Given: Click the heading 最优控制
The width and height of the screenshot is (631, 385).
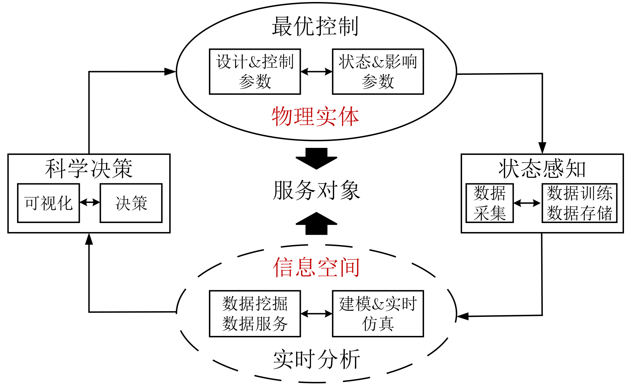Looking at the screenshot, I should pyautogui.click(x=315, y=27).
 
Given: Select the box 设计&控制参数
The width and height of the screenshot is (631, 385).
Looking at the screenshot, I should pyautogui.click(x=255, y=71).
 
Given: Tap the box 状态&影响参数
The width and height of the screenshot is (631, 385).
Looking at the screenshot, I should pyautogui.click(x=378, y=71).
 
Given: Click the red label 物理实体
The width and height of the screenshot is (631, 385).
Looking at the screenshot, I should pyautogui.click(x=315, y=117).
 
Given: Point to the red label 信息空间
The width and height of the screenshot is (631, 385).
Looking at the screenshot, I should pyautogui.click(x=316, y=267).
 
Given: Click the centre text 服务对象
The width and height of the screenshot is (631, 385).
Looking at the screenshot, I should pyautogui.click(x=316, y=191).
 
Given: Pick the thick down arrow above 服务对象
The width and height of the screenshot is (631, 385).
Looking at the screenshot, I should pyautogui.click(x=316, y=158).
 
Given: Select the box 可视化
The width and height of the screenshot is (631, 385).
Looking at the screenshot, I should pyautogui.click(x=48, y=203).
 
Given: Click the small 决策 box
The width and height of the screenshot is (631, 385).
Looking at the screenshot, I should pyautogui.click(x=131, y=203).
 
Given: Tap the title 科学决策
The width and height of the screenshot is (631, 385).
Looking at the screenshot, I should pyautogui.click(x=89, y=169).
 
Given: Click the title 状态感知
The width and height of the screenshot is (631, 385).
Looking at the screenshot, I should pyautogui.click(x=542, y=169).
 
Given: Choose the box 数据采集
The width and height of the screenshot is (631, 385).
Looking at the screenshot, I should pyautogui.click(x=489, y=203).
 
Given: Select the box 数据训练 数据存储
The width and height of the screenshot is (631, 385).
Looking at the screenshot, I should pyautogui.click(x=579, y=203).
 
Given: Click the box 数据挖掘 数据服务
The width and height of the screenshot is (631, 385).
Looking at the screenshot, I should pyautogui.click(x=255, y=314).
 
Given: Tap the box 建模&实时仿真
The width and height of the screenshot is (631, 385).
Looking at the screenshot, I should pyautogui.click(x=378, y=314).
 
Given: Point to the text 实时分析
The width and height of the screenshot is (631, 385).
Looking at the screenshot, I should pyautogui.click(x=316, y=360).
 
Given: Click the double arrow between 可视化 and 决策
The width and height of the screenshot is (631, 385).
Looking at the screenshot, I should pyautogui.click(x=90, y=202).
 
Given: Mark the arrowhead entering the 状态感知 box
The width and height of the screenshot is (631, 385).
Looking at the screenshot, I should pyautogui.click(x=542, y=148).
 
